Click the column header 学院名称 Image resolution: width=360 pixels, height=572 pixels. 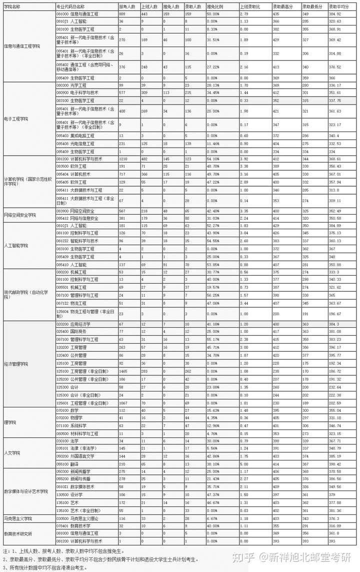click(12, 7)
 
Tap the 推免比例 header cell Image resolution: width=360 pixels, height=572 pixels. click(214, 7)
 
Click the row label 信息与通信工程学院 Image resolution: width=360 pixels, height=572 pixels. click(22, 46)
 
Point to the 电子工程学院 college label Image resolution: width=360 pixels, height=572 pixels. click(16, 119)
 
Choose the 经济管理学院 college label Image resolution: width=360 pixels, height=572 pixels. click(16, 364)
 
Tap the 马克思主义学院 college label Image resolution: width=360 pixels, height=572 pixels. click(18, 518)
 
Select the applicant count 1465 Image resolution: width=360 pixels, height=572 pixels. click(123, 371)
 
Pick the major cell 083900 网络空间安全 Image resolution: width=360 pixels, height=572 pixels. click(73, 211)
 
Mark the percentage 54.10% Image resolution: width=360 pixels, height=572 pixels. click(212, 159)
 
